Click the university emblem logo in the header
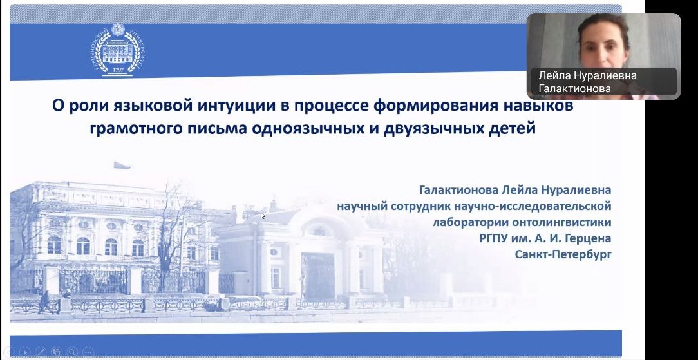[x=118, y=50]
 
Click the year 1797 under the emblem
[x=118, y=70]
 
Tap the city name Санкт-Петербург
[x=563, y=254]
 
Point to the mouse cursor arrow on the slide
[x=263, y=216]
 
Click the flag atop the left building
[x=122, y=165]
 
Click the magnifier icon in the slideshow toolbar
[x=72, y=351]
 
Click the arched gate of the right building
[x=318, y=276]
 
